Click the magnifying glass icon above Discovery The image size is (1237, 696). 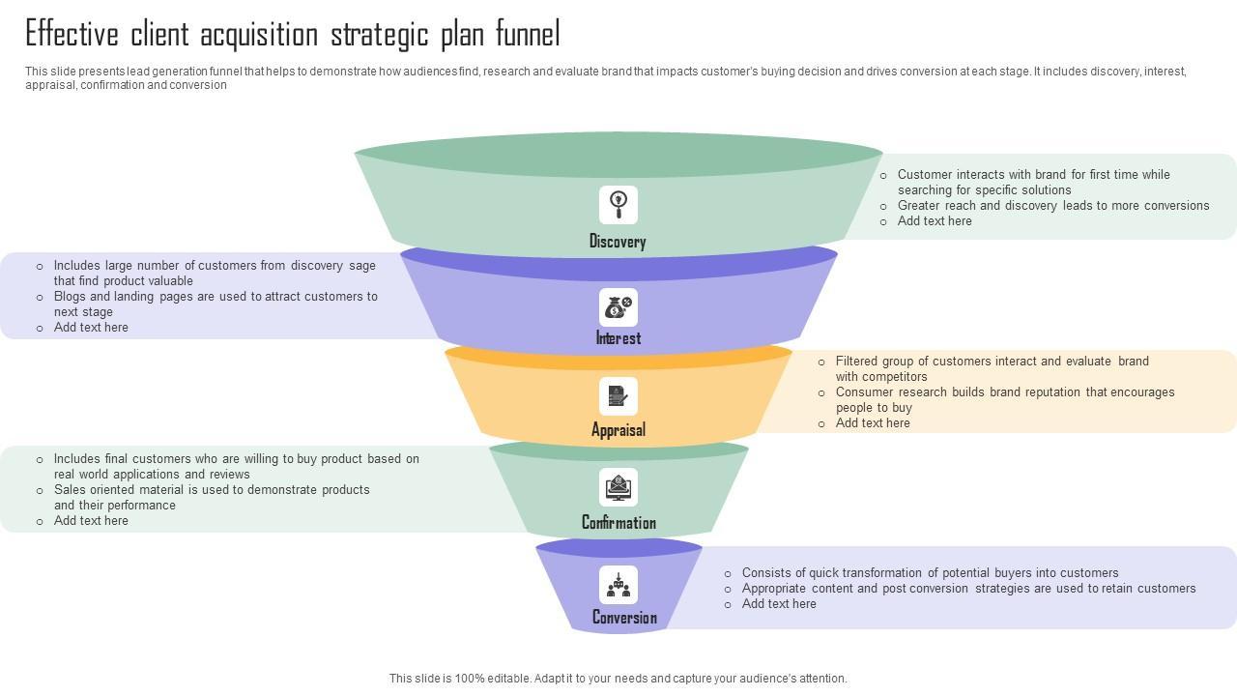pyautogui.click(x=618, y=204)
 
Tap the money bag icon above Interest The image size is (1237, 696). pyautogui.click(x=618, y=306)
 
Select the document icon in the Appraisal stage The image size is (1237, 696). pyautogui.click(x=618, y=396)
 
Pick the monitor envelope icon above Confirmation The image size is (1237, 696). pyautogui.click(x=618, y=487)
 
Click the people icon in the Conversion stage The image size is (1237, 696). pyautogui.click(x=618, y=585)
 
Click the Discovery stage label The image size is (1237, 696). pyautogui.click(x=618, y=242)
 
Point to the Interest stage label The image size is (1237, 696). pyautogui.click(x=618, y=338)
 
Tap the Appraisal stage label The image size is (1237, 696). pyautogui.click(x=618, y=430)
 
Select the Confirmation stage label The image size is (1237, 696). pyautogui.click(x=618, y=523)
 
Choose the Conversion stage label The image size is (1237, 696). pyautogui.click(x=624, y=618)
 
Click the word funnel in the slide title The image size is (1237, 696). pyautogui.click(x=528, y=35)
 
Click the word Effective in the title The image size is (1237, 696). pyautogui.click(x=72, y=35)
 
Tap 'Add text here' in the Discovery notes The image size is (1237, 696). pyautogui.click(x=935, y=221)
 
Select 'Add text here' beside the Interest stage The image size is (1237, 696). pyautogui.click(x=91, y=328)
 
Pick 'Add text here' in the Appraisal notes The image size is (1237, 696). pyautogui.click(x=873, y=423)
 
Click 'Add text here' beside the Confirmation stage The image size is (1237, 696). pyautogui.click(x=91, y=521)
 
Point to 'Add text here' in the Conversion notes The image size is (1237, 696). pyautogui.click(x=779, y=604)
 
